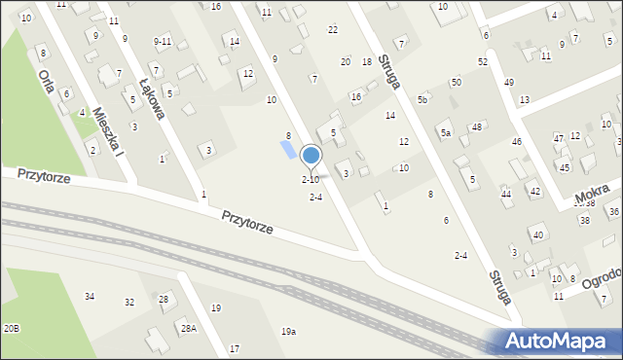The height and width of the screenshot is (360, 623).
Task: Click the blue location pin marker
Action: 311,155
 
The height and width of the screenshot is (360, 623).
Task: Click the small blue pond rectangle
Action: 288,150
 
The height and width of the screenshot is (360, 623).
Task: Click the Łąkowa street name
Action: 153,98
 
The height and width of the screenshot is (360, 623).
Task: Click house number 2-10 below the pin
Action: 311,180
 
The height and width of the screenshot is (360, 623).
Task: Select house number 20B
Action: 11,329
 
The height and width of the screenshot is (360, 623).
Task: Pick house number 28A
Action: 188,329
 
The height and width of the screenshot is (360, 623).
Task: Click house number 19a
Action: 289,332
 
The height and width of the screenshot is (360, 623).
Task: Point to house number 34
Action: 90,296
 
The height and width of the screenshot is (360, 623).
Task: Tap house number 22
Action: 332,30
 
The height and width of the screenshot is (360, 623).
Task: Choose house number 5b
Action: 422,100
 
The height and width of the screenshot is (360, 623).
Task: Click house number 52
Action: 482,61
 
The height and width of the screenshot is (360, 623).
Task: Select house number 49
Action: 508,82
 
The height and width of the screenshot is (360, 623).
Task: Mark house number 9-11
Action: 163,41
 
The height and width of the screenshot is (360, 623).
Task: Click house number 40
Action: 537,234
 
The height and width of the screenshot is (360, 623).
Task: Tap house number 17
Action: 235,348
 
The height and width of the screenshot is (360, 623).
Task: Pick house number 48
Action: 477,127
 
